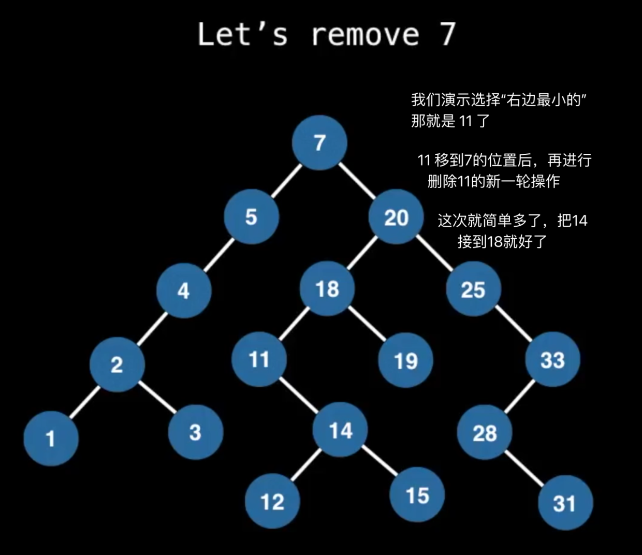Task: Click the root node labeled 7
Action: pos(319,142)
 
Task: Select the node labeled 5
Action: pos(252,216)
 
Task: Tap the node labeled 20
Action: pos(396,217)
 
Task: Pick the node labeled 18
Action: pos(328,288)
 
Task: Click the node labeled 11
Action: pos(259,359)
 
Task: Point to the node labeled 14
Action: pos(341,430)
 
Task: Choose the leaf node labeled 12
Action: pos(272,501)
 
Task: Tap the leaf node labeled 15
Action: pos(417,495)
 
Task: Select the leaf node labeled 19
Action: pos(405,360)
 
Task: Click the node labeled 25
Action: pos(473,289)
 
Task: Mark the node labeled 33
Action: pos(552,359)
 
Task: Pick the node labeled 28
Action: pos(485,432)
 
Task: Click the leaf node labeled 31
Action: pos(565,503)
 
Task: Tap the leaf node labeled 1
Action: pos(51,439)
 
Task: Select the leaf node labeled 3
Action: pos(195,432)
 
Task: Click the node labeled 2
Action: pos(117,364)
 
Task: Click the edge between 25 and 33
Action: pos(514,324)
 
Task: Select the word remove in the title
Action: pos(366,34)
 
